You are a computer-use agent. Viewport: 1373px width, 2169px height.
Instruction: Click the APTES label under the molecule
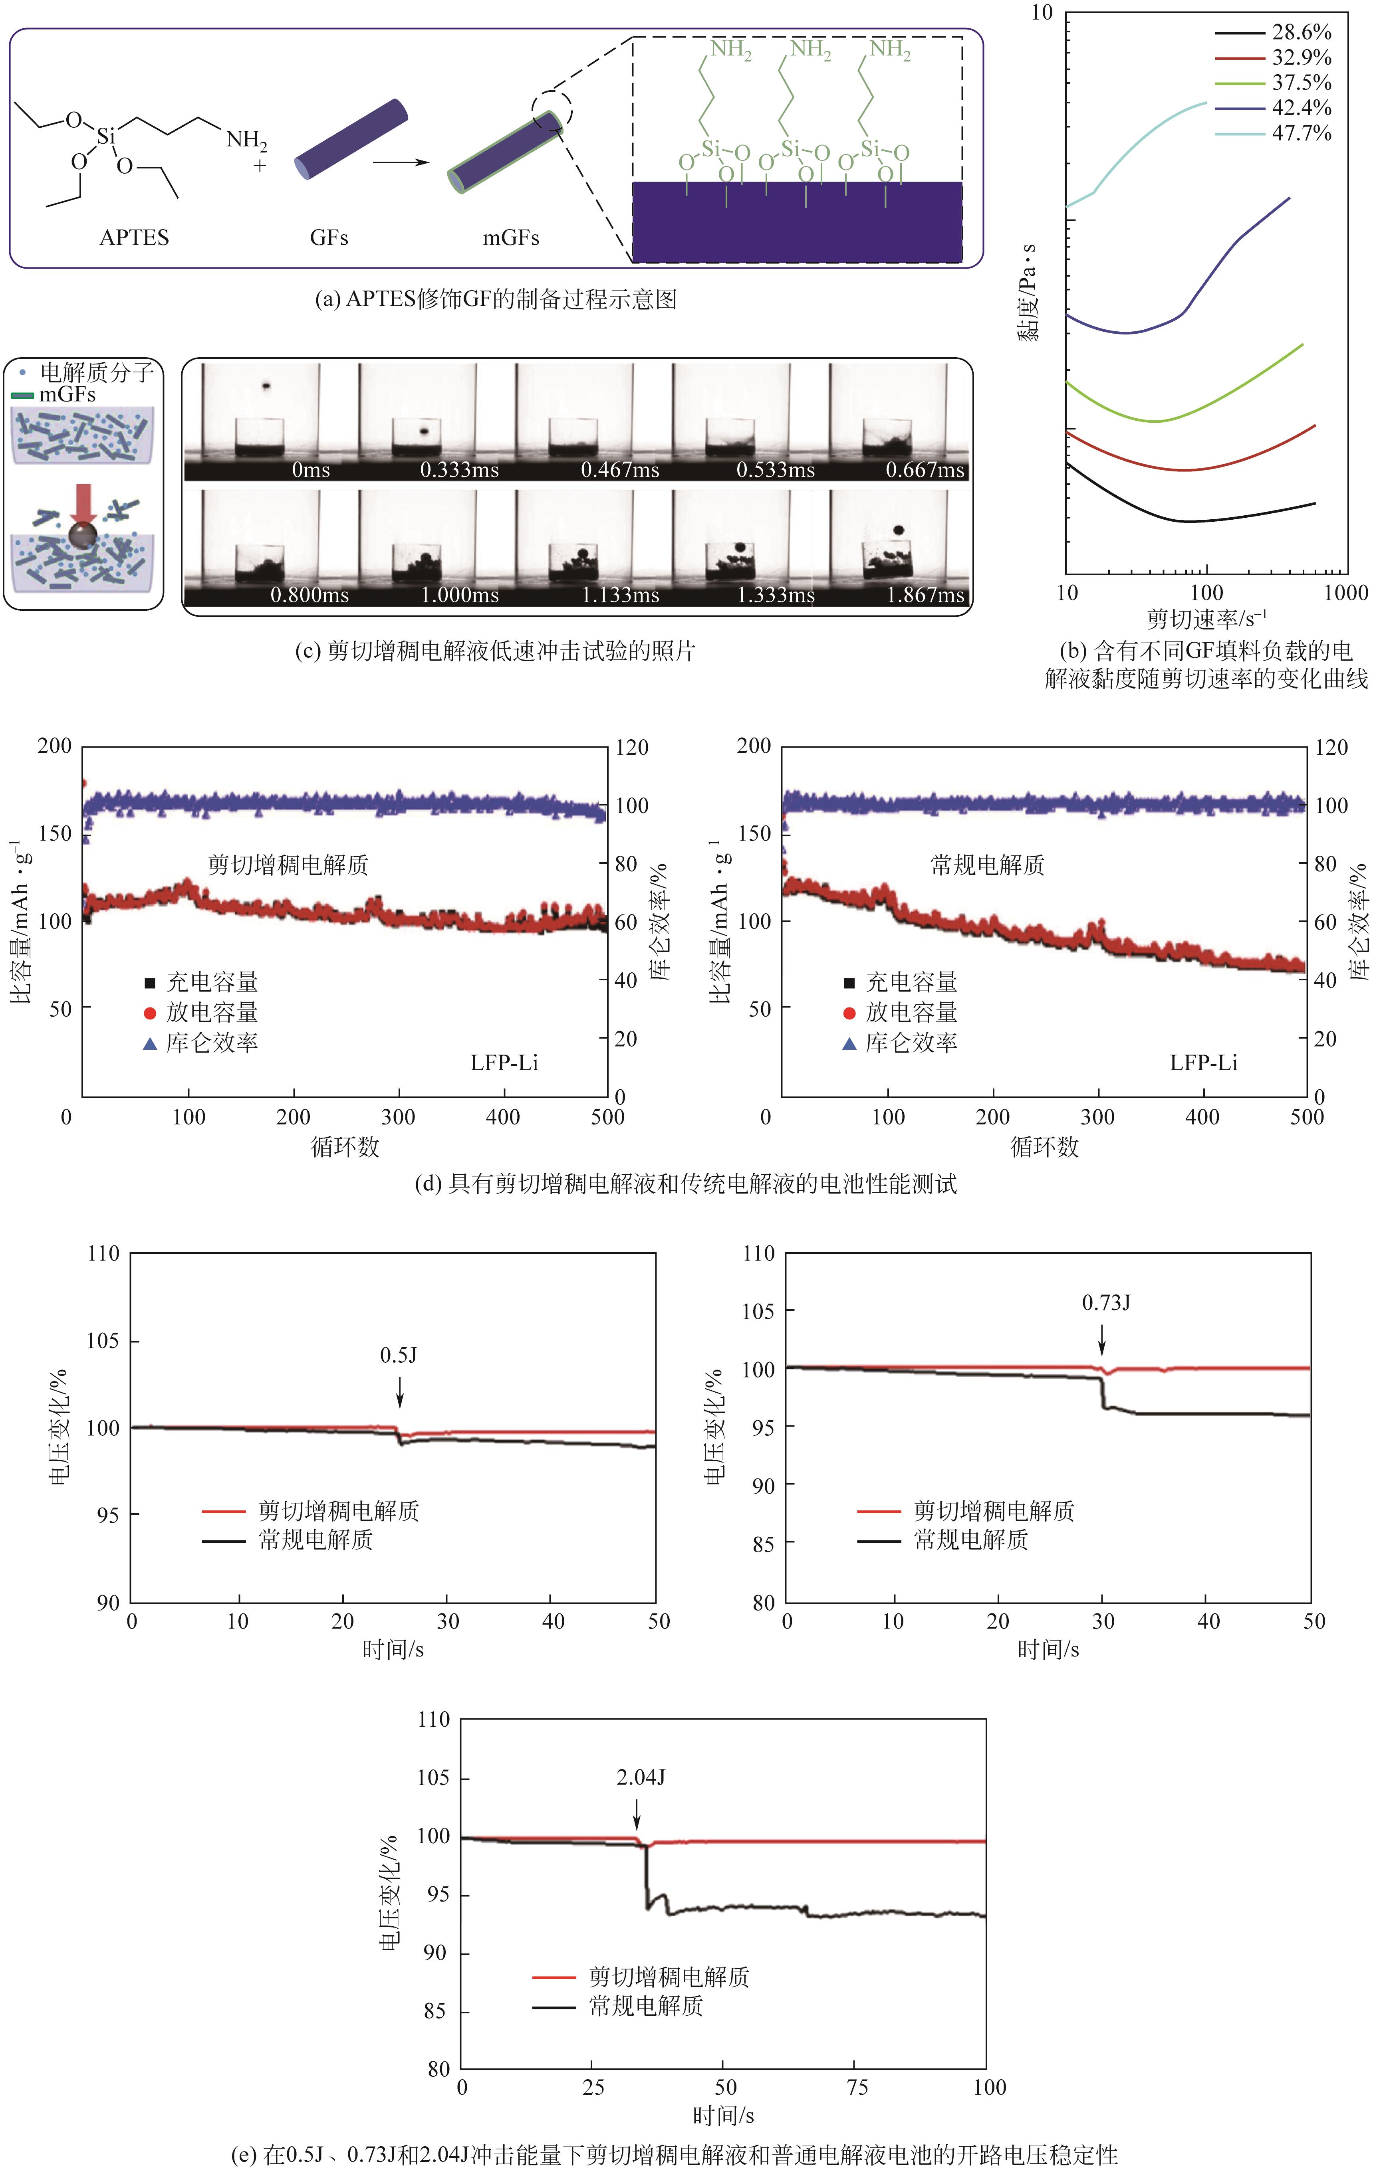(134, 238)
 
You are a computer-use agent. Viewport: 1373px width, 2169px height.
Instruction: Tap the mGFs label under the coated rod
(511, 238)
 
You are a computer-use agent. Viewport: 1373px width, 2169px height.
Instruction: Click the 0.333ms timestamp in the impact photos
(458, 470)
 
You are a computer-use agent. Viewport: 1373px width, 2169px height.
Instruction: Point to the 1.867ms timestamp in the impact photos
(925, 596)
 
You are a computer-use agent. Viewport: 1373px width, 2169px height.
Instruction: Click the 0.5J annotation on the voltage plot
(398, 1356)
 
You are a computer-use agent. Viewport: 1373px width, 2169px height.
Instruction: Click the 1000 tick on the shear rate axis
(1346, 593)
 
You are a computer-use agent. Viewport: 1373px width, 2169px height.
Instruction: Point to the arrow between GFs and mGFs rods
(401, 163)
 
